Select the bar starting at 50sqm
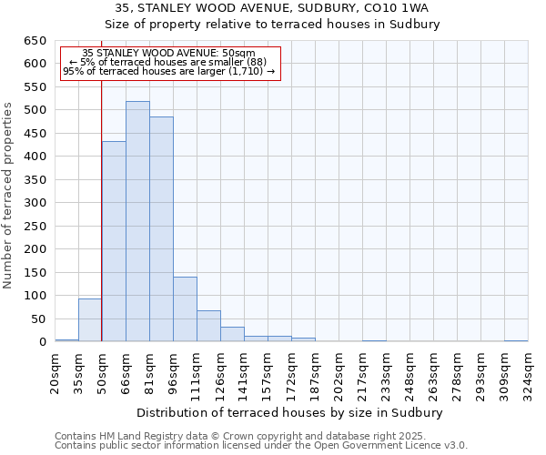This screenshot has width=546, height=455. (114, 241)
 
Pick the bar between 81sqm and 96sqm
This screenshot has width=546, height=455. (161, 229)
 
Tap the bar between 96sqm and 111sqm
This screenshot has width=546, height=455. (185, 309)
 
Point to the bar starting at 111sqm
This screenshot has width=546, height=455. (208, 326)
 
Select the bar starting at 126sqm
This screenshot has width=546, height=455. (232, 334)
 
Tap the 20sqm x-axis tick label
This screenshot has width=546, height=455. (55, 371)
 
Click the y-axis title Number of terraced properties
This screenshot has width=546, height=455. (9, 196)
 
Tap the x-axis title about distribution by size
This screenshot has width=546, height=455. (288, 412)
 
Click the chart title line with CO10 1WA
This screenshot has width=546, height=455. (272, 8)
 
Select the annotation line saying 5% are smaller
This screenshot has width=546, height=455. (168, 62)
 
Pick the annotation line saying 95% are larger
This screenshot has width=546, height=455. (168, 71)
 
